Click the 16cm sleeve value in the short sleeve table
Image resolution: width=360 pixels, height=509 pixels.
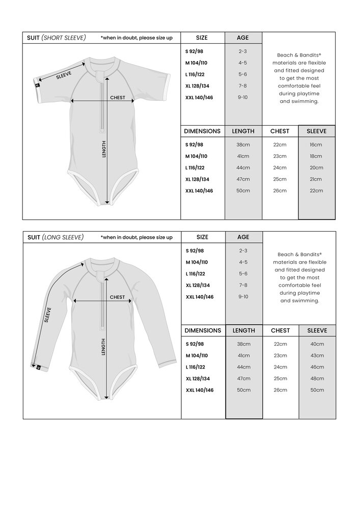click(x=316, y=145)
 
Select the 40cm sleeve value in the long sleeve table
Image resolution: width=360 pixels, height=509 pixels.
click(x=316, y=344)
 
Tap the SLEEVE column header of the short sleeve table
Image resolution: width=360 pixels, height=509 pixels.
click(x=316, y=131)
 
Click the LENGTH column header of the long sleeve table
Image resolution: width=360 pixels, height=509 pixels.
click(x=243, y=330)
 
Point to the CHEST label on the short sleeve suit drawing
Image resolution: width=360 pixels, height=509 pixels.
click(x=118, y=97)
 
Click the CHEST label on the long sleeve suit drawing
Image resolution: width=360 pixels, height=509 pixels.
click(x=118, y=297)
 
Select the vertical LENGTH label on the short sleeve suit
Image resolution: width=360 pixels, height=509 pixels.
click(x=104, y=149)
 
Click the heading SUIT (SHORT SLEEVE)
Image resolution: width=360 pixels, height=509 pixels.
click(x=57, y=38)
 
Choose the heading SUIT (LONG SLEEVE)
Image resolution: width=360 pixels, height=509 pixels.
click(x=56, y=237)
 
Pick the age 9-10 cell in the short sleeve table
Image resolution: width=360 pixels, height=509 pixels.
click(x=243, y=97)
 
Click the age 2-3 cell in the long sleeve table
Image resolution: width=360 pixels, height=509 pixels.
click(x=243, y=250)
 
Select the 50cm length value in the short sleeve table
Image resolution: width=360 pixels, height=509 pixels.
click(x=243, y=190)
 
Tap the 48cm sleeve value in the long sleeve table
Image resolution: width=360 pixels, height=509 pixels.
click(x=316, y=378)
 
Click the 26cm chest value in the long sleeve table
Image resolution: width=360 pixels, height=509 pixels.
click(x=280, y=390)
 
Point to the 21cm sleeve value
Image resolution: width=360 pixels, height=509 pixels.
click(x=316, y=179)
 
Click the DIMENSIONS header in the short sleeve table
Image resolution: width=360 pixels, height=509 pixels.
click(x=203, y=131)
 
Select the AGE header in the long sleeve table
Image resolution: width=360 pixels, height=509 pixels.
click(x=243, y=237)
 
